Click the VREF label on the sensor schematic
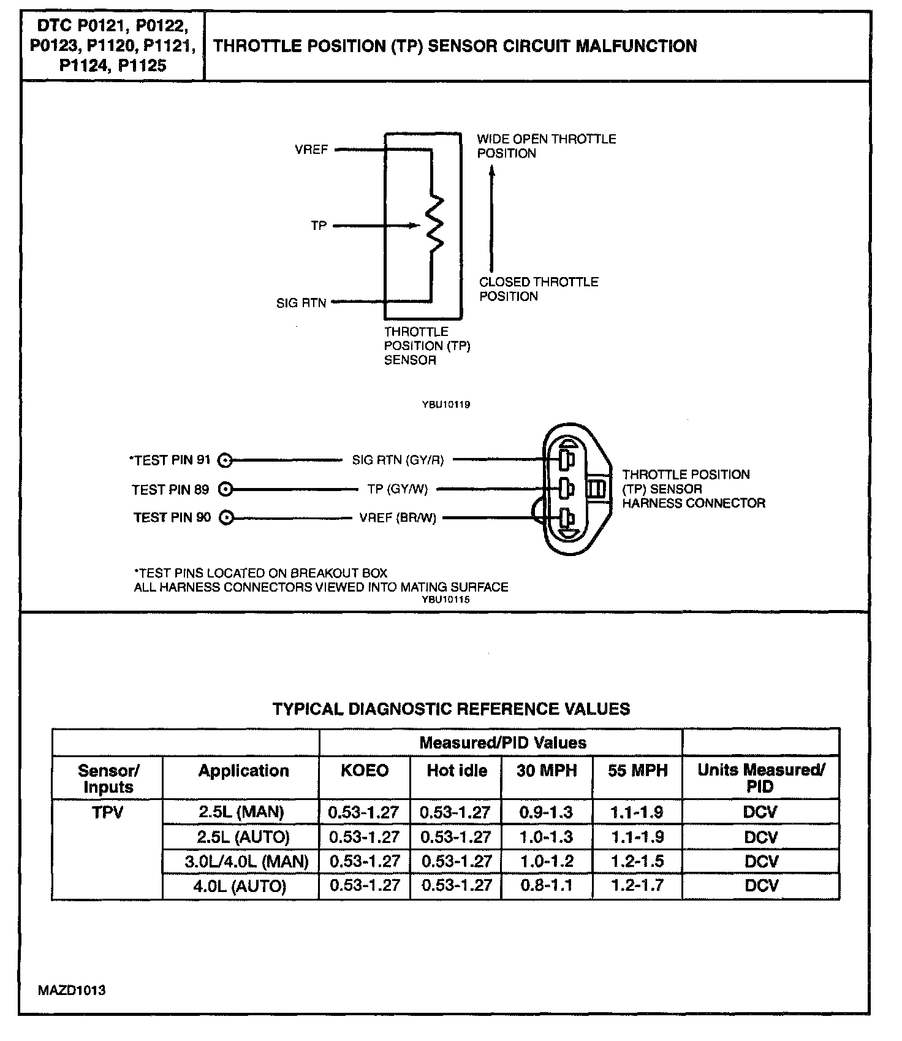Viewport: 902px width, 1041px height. pos(311,150)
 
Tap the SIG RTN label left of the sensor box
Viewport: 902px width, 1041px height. pos(301,303)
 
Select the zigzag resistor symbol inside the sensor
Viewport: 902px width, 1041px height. pos(434,224)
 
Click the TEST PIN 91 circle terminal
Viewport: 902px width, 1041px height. pos(225,460)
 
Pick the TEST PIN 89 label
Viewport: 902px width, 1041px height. pos(170,489)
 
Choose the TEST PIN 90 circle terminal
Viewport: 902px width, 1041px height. pos(226,518)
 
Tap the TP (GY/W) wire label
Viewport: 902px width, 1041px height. pos(398,489)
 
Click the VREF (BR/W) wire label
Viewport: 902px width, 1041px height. pos(398,518)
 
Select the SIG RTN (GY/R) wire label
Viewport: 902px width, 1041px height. pos(398,460)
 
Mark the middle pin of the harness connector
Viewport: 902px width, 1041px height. pos(566,489)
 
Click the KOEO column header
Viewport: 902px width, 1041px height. pos(365,771)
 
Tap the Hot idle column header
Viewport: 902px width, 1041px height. pos(457,771)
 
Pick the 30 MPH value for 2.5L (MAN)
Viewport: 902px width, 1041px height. pos(546,812)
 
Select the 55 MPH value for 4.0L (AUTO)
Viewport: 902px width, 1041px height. pos(637,885)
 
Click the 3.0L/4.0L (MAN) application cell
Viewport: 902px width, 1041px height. pos(246,861)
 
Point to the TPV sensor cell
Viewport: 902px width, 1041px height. pos(108,812)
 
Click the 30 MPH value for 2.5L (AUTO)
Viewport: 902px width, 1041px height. pos(546,837)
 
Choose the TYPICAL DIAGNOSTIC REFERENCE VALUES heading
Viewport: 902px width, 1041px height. pos(451,709)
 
